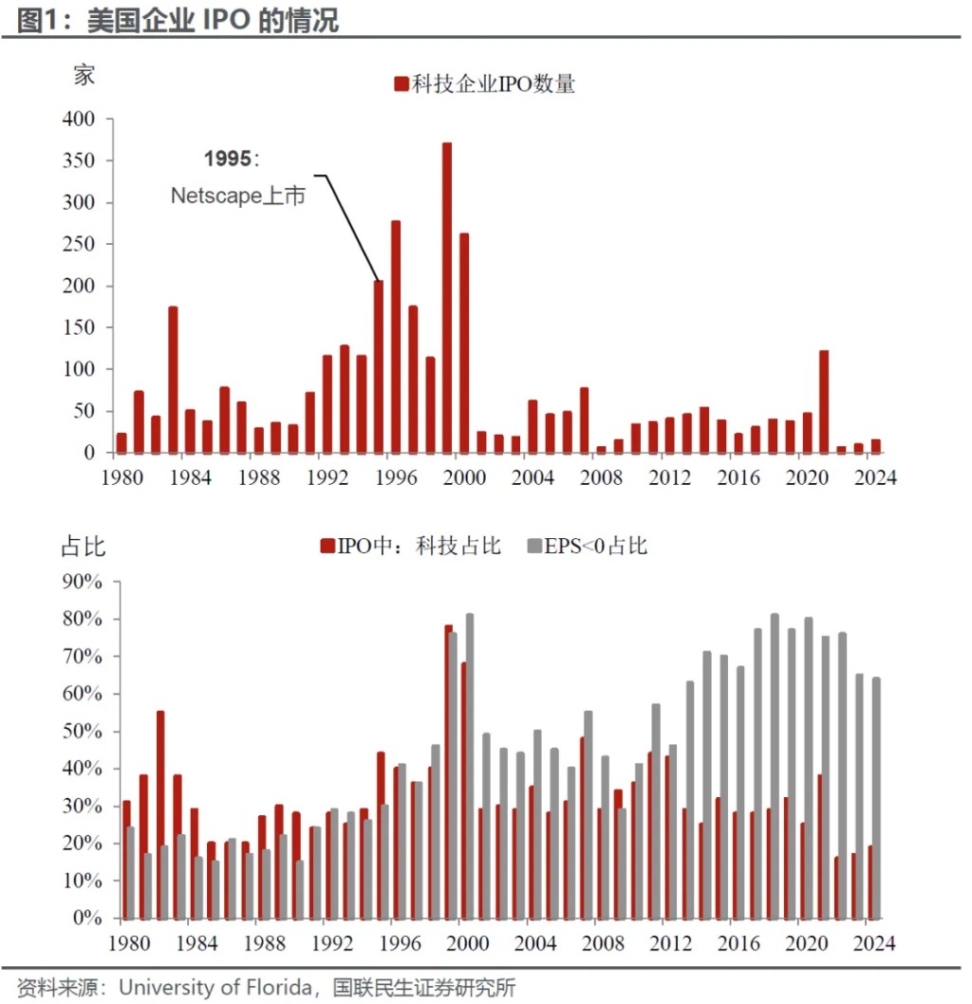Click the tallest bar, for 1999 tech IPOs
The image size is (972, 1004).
(x=447, y=297)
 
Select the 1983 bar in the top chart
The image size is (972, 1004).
(x=173, y=380)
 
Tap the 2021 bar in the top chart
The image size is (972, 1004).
(x=824, y=401)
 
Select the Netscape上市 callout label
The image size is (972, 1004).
(x=238, y=196)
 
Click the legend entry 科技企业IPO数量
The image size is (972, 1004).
(x=485, y=84)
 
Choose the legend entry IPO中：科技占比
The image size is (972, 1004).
(x=410, y=546)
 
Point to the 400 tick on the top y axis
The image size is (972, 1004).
(x=79, y=120)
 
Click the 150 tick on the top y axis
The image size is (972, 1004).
(x=79, y=327)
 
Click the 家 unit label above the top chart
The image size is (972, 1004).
(x=84, y=76)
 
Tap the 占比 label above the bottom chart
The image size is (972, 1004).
(x=84, y=547)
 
